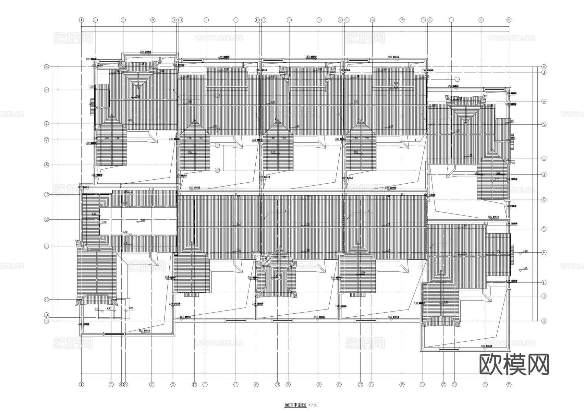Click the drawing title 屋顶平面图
(x=295, y=405)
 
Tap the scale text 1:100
(x=313, y=405)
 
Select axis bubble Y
(x=46, y=124)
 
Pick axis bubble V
(x=46, y=140)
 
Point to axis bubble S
(x=46, y=165)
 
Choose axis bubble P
(x=46, y=195)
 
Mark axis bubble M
(x=46, y=220)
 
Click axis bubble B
(x=46, y=315)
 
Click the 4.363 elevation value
(x=110, y=308)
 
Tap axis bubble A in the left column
(x=46, y=321)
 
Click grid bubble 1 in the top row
(x=81, y=20)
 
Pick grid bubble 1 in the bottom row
(x=81, y=384)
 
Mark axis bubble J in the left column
(x=46, y=246)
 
